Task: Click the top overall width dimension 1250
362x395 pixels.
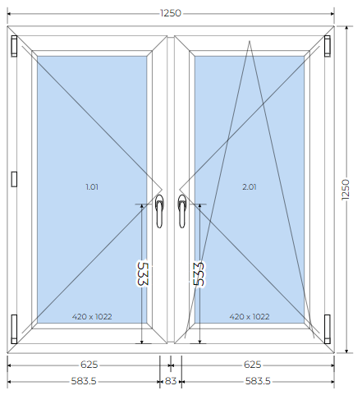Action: [171, 13]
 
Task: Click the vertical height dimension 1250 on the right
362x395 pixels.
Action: [346, 190]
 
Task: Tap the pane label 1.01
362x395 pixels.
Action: [92, 187]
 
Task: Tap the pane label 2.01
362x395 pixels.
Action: [250, 187]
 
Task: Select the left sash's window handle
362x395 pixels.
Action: [159, 211]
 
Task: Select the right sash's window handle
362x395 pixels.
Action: [182, 211]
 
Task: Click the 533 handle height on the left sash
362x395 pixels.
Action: [143, 274]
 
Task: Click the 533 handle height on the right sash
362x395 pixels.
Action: [199, 274]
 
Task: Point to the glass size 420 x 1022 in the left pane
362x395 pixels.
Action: [92, 317]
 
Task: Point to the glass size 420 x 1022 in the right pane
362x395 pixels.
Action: [250, 317]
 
